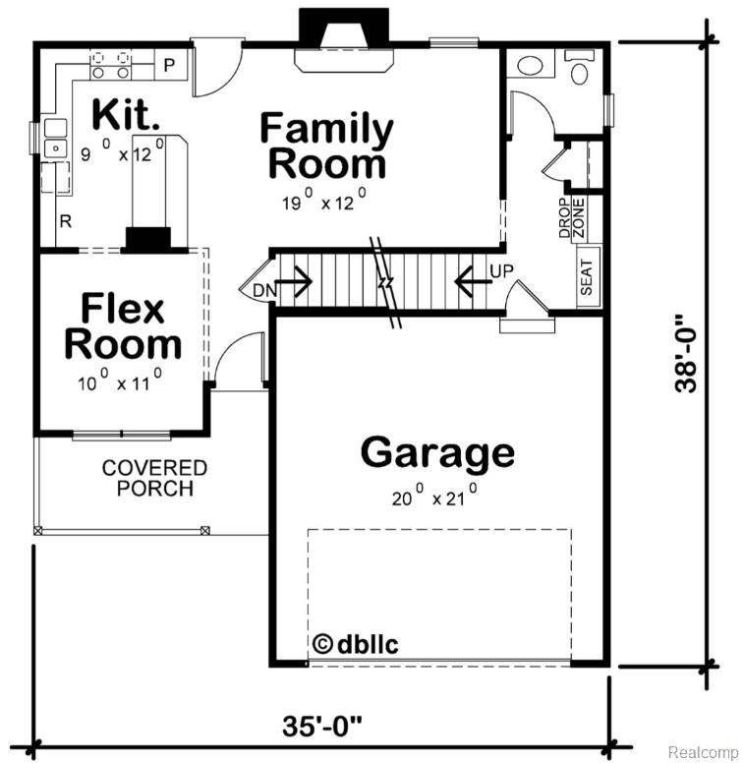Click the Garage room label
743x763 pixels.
[x=437, y=453]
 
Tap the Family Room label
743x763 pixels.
[x=327, y=146]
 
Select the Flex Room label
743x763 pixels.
[x=123, y=327]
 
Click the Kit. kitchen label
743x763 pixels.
[x=126, y=115]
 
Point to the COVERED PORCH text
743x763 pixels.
[x=154, y=478]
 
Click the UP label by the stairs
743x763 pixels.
[x=501, y=270]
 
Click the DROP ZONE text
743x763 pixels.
[x=572, y=217]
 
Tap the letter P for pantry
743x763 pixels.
[x=168, y=66]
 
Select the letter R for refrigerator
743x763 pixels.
[x=66, y=221]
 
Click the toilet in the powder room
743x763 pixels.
[x=580, y=69]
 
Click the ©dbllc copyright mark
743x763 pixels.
[x=355, y=645]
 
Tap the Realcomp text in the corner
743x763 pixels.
[x=702, y=751]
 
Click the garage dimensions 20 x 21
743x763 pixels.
[x=432, y=496]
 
